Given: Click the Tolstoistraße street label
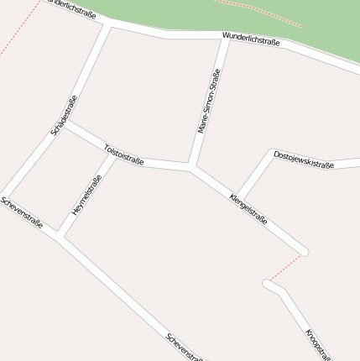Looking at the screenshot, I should coord(124,154).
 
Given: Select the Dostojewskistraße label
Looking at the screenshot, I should coord(304,160).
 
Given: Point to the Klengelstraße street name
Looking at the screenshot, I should coord(248,209).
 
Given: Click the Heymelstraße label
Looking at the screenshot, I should coord(86,196).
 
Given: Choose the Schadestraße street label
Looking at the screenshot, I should coord(64,115).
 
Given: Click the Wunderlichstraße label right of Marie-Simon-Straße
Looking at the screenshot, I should coord(251,39).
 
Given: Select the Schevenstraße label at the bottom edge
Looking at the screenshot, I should coord(185,347).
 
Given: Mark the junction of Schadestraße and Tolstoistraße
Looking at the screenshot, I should coord(65,123).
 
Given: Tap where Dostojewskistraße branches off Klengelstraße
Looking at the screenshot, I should coord(238,199).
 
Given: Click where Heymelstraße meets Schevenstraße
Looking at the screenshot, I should coord(60,233).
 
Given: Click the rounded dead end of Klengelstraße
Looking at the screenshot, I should coord(303,250).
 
